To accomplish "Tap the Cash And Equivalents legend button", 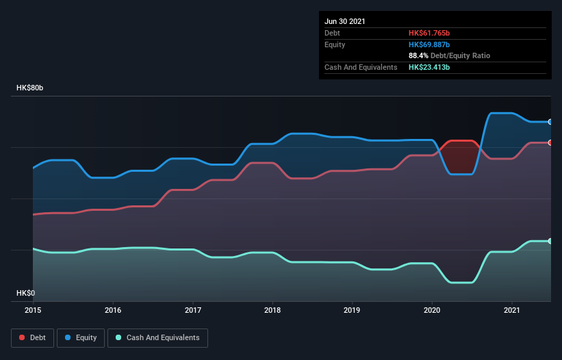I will pos(157,337).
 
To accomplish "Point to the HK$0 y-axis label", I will pos(26,293).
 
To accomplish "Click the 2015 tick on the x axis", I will pos(34,310).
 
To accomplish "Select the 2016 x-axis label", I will pos(113,310).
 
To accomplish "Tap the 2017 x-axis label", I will pos(193,310).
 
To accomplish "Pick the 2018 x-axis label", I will pos(272,310).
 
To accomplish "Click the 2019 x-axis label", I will pos(353,310).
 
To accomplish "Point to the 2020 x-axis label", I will pos(432,310).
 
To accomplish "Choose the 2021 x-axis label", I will pos(512,310).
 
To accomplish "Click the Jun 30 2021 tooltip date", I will pos(345,21).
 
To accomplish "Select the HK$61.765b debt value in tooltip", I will pos(429,33).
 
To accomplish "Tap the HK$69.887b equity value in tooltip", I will pos(429,44).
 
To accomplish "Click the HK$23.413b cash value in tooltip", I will pos(429,67).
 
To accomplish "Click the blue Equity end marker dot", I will pos(550,122).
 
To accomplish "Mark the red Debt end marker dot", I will pos(550,142).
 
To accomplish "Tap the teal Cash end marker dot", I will pos(550,241).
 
